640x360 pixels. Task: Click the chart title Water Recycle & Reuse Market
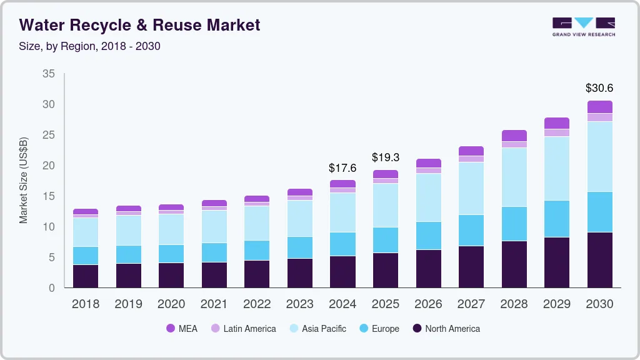click(x=139, y=25)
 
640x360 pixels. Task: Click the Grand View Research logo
click(x=583, y=26)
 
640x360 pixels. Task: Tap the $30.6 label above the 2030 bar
click(x=599, y=88)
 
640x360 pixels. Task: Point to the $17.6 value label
click(x=342, y=168)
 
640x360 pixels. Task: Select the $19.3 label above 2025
click(x=386, y=157)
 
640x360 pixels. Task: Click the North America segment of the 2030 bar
click(x=599, y=259)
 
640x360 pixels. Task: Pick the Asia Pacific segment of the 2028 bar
click(x=514, y=177)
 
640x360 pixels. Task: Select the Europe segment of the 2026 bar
click(x=428, y=236)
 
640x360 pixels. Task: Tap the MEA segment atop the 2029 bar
click(x=556, y=123)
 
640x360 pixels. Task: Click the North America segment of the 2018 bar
click(x=86, y=276)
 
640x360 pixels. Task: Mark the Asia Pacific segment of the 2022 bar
click(x=257, y=222)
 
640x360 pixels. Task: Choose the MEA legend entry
click(x=181, y=328)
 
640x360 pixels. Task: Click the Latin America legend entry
click(x=243, y=328)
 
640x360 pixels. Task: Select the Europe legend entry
click(x=378, y=328)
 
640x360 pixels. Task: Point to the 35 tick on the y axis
click(x=49, y=74)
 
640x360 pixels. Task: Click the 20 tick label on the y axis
click(x=49, y=166)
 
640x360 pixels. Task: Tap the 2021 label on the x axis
click(x=214, y=304)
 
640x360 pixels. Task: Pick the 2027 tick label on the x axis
click(x=471, y=304)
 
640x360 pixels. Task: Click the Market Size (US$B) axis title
click(x=24, y=180)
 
